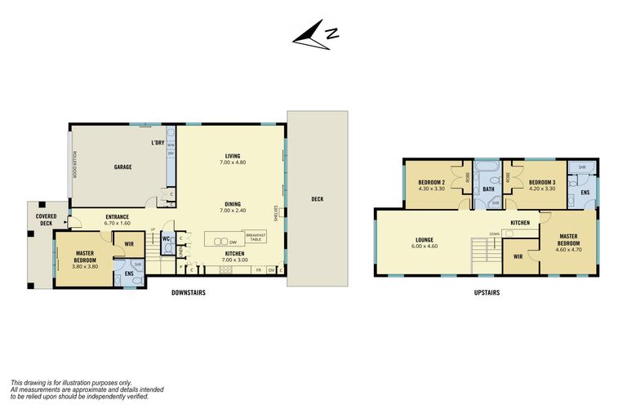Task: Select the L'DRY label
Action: point(158,143)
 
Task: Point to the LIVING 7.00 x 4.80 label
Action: point(232,159)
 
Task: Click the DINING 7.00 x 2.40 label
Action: point(232,207)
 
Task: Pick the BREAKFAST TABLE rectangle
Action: point(255,236)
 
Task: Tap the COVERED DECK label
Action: point(45,219)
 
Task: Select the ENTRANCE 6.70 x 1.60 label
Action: point(118,220)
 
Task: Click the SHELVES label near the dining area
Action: point(278,211)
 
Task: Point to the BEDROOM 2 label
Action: point(430,185)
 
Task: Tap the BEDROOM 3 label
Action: point(542,185)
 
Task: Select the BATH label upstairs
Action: point(488,189)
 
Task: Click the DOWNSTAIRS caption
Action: point(188,291)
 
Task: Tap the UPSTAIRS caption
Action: point(486,291)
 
